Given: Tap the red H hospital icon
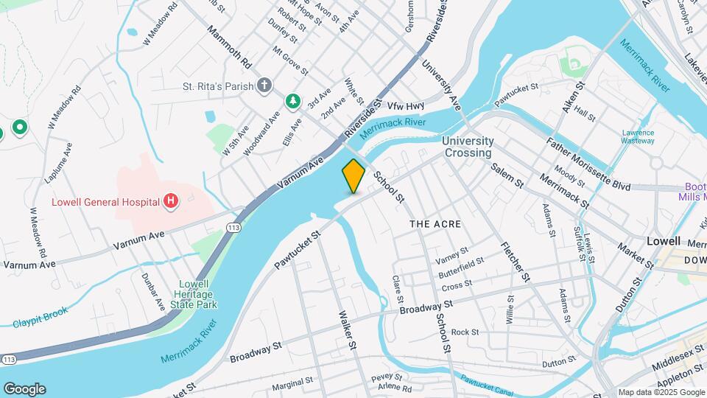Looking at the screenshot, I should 171,200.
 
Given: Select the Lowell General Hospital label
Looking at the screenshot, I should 105,201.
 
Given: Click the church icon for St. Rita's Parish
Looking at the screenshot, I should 264,86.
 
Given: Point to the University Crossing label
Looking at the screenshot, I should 467,147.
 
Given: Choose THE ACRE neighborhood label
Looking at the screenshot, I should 435,223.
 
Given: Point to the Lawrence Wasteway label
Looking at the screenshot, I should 637,136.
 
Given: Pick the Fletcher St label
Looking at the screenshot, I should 515,262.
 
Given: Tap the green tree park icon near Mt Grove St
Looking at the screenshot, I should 293,100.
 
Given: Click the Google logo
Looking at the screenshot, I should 24,388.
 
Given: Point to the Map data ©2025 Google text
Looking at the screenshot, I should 660,392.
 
